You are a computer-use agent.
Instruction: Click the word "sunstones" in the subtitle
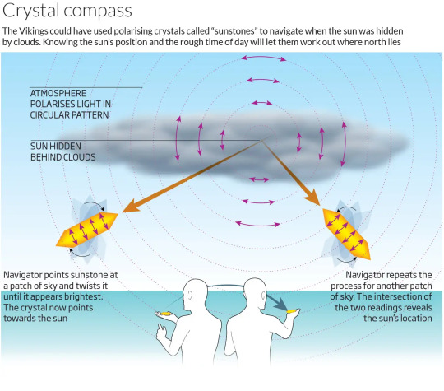pos(234,31)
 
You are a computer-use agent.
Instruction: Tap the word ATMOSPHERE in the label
pos(58,93)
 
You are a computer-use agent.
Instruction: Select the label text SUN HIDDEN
pos(56,147)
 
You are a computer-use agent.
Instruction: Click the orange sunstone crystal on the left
pos(87,229)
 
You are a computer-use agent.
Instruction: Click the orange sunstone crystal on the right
pos(346,234)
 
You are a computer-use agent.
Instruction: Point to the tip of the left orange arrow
pos(123,212)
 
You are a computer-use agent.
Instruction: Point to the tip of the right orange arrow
pos(320,206)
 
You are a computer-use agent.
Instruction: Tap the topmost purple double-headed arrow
pos(263,58)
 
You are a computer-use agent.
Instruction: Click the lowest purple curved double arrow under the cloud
pos(257,225)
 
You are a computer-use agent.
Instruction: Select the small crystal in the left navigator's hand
pos(164,314)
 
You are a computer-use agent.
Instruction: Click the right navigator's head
pos(254,294)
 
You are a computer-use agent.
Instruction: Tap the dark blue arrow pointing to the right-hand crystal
pos(277,302)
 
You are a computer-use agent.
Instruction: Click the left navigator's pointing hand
pos(162,332)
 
